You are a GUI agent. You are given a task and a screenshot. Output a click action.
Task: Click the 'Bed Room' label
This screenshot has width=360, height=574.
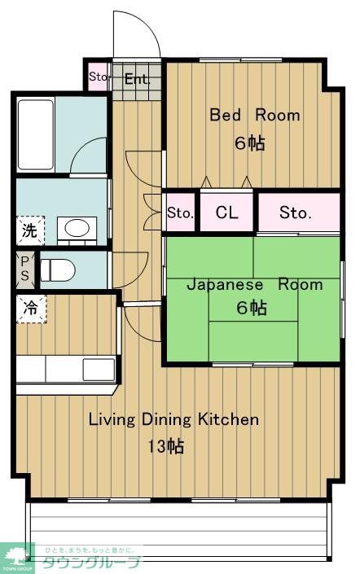[255, 115]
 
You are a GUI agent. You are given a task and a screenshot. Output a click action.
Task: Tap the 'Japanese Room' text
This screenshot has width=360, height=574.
[254, 285]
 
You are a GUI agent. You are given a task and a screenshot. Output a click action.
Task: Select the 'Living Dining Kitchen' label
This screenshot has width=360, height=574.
[173, 420]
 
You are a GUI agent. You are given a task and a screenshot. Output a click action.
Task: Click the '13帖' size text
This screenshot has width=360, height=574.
[165, 446]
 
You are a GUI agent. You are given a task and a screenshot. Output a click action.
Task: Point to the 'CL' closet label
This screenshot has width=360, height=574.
[227, 213]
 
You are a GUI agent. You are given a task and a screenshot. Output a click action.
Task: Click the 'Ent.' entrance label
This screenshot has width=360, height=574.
[138, 79]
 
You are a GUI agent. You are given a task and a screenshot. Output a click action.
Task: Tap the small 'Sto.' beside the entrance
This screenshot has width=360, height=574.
[98, 78]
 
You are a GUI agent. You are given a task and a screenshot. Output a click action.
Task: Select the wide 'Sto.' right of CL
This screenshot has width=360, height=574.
[296, 213]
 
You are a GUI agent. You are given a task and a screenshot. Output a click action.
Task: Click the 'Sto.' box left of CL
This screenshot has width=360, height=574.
[180, 213]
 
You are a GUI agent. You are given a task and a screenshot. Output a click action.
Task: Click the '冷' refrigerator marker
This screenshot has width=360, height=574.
[29, 309]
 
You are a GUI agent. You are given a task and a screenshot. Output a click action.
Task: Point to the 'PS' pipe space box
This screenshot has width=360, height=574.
[24, 269]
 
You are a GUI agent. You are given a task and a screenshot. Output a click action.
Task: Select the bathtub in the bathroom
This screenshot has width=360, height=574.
[36, 135]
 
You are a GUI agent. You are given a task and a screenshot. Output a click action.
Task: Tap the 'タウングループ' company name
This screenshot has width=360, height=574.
[92, 563]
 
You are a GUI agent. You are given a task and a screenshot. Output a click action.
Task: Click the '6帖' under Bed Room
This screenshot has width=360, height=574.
[250, 143]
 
